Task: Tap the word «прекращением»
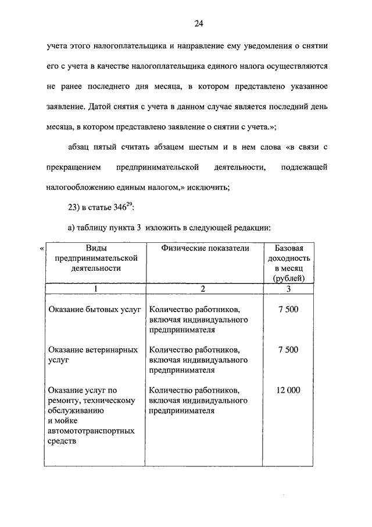(73, 167)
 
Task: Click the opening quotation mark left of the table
(41, 249)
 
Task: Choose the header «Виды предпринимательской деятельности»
(96, 258)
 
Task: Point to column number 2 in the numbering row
(203, 289)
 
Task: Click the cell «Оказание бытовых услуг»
(95, 309)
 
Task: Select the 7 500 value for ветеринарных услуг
(288, 349)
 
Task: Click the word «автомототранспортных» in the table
(91, 431)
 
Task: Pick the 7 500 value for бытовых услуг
(288, 309)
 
